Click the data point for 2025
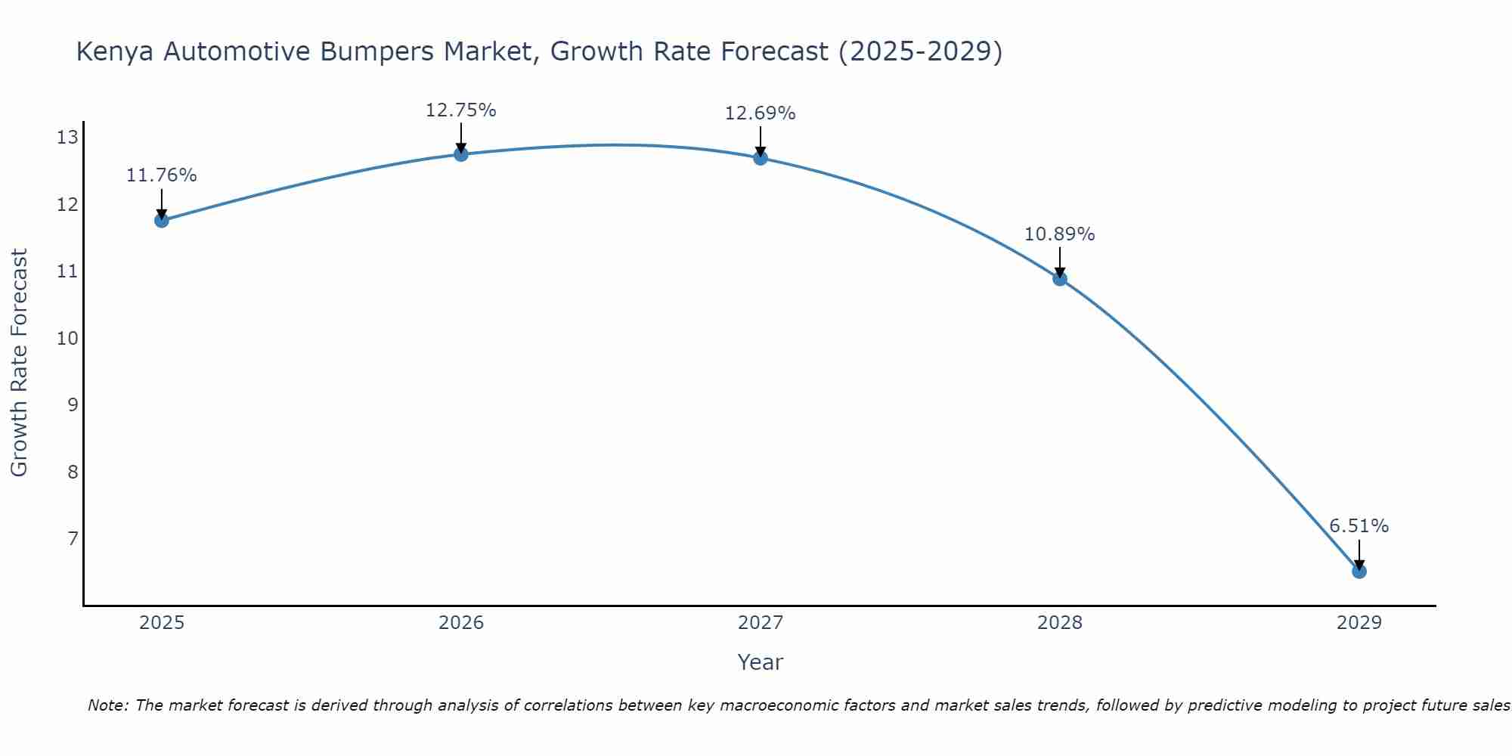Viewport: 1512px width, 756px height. click(161, 220)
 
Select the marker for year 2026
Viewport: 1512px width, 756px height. click(460, 154)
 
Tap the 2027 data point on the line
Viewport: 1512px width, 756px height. click(760, 158)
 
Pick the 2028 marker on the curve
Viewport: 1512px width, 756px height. click(1059, 278)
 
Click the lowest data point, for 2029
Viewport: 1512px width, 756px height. click(1359, 571)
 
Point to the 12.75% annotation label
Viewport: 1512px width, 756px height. click(460, 110)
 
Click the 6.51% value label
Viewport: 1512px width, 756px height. click(1359, 526)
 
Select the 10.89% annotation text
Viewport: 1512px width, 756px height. click(1059, 234)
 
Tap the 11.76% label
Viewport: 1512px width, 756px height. click(161, 175)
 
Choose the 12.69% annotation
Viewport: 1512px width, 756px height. click(760, 113)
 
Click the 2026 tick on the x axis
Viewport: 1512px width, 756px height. click(460, 623)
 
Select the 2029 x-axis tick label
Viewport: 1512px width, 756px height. click(1359, 623)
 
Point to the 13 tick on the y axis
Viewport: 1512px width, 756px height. click(67, 138)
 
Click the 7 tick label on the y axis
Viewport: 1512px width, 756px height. click(73, 538)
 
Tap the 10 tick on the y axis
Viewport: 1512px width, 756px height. click(67, 338)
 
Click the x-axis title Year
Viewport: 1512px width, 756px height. click(760, 662)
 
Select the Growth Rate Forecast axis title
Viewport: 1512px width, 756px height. click(19, 363)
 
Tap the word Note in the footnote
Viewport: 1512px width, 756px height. click(108, 705)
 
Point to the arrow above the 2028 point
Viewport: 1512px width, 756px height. click(1059, 262)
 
